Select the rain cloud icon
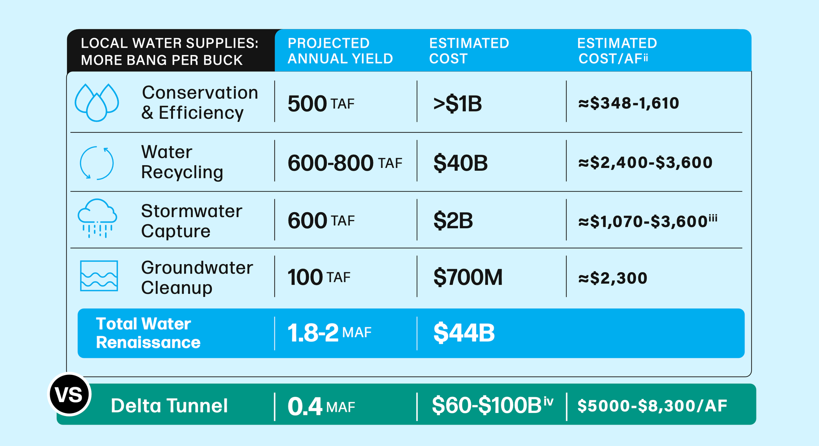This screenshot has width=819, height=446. pyautogui.click(x=97, y=218)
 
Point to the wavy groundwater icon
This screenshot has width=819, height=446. pyautogui.click(x=99, y=276)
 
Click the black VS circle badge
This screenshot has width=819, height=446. pyautogui.click(x=69, y=394)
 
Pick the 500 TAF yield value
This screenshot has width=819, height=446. pyautogui.click(x=321, y=103)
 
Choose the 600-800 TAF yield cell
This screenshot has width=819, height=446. pyautogui.click(x=345, y=163)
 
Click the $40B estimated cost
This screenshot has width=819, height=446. pyautogui.click(x=460, y=163)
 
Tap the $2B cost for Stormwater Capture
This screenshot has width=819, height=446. pyautogui.click(x=453, y=221)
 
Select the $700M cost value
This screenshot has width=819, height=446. pyautogui.click(x=468, y=277)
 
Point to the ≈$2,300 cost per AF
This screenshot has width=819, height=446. pyautogui.click(x=613, y=278)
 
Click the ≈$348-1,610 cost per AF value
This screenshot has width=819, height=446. pyautogui.click(x=628, y=103)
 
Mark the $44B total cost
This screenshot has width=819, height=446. pyautogui.click(x=464, y=333)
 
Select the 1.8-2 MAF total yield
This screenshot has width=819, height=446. pyautogui.click(x=329, y=333)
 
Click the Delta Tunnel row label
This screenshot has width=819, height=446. pyautogui.click(x=169, y=406)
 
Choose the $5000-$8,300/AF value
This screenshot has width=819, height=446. pyautogui.click(x=652, y=406)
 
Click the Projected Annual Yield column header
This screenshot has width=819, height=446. pyautogui.click(x=340, y=51)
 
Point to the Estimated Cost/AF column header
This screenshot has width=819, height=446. pyautogui.click(x=617, y=51)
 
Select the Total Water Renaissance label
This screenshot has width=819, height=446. pyautogui.click(x=148, y=333)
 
